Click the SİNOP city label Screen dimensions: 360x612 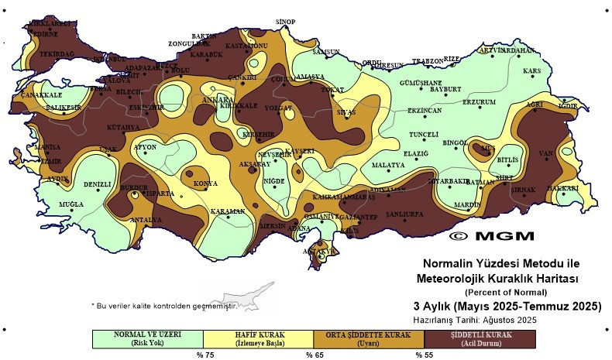[287, 22]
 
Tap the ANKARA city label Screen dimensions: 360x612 [218, 101]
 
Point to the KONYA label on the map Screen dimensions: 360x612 [205, 183]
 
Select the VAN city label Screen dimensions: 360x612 [546, 154]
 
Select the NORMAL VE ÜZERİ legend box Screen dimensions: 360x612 [149, 338]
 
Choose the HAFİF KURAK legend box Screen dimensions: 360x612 [260, 338]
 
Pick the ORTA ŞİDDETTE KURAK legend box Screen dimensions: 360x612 [370, 338]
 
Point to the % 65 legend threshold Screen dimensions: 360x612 [314, 355]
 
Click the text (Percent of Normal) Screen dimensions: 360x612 [505, 292]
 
